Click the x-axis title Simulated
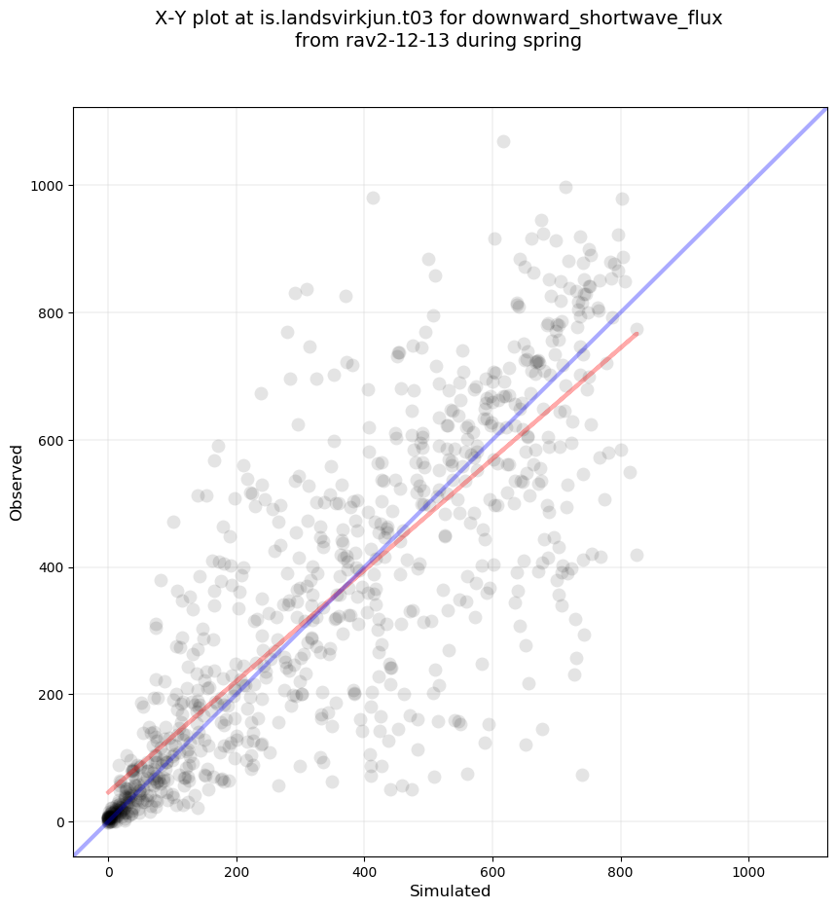coord(450,891)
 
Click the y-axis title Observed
coord(17,482)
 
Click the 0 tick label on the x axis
coord(108,866)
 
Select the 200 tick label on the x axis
coord(237,866)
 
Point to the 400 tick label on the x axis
coord(364,866)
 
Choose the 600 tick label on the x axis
coord(492,866)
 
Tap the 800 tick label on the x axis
coord(621,866)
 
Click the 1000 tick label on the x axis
coord(748,866)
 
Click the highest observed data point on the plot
coord(503,142)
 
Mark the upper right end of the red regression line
coord(637,333)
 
